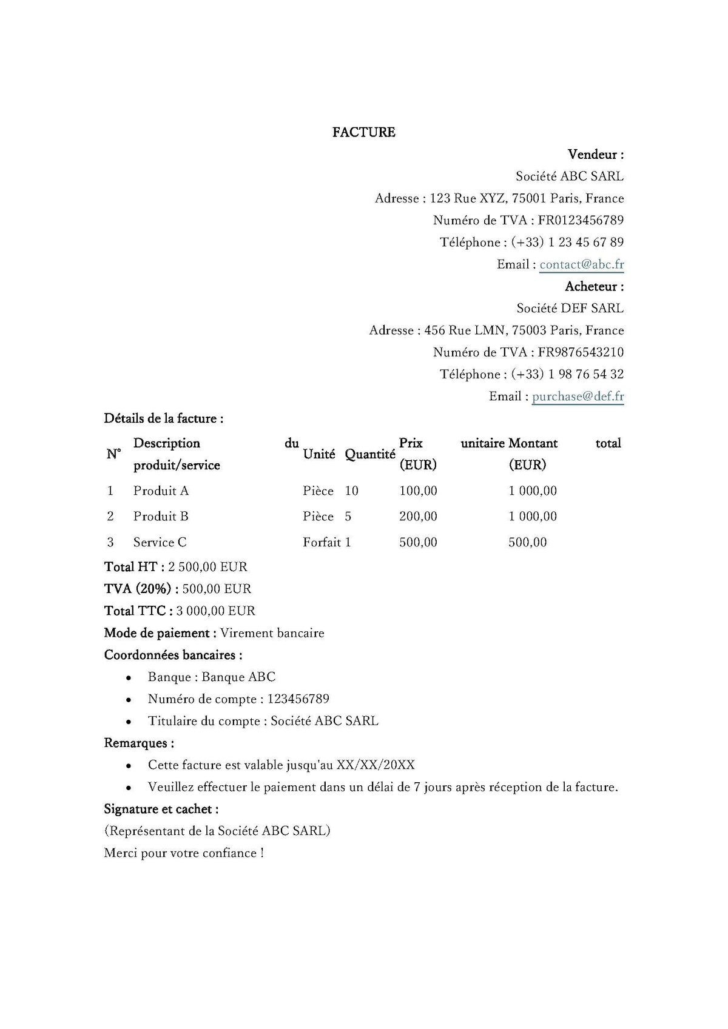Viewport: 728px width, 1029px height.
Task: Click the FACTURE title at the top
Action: click(x=363, y=132)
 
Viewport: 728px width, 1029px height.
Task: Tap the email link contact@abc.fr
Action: click(x=581, y=264)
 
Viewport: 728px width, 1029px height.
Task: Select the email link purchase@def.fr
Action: click(x=578, y=397)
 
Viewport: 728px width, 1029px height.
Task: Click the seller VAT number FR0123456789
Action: click(x=581, y=220)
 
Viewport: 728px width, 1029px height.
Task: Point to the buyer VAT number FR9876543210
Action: click(x=581, y=352)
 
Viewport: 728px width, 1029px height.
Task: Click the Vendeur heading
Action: click(x=596, y=154)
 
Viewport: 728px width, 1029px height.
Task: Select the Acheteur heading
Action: click(x=595, y=286)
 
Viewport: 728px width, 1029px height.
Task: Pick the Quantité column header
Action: click(x=370, y=454)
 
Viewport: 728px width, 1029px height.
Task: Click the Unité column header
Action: click(x=319, y=454)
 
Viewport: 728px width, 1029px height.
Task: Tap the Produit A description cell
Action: click(x=161, y=491)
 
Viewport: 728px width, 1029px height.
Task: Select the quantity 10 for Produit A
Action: click(x=352, y=491)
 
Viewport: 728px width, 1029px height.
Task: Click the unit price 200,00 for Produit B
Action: click(x=418, y=517)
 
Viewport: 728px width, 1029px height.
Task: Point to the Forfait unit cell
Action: click(x=322, y=542)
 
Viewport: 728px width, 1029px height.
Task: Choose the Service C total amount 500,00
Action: click(x=527, y=542)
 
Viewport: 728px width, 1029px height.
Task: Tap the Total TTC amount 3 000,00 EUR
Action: click(x=215, y=611)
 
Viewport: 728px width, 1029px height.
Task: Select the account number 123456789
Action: click(x=298, y=699)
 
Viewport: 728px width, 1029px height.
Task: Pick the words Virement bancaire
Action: click(x=272, y=633)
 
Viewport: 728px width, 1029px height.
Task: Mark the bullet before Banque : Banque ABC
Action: click(x=129, y=678)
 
